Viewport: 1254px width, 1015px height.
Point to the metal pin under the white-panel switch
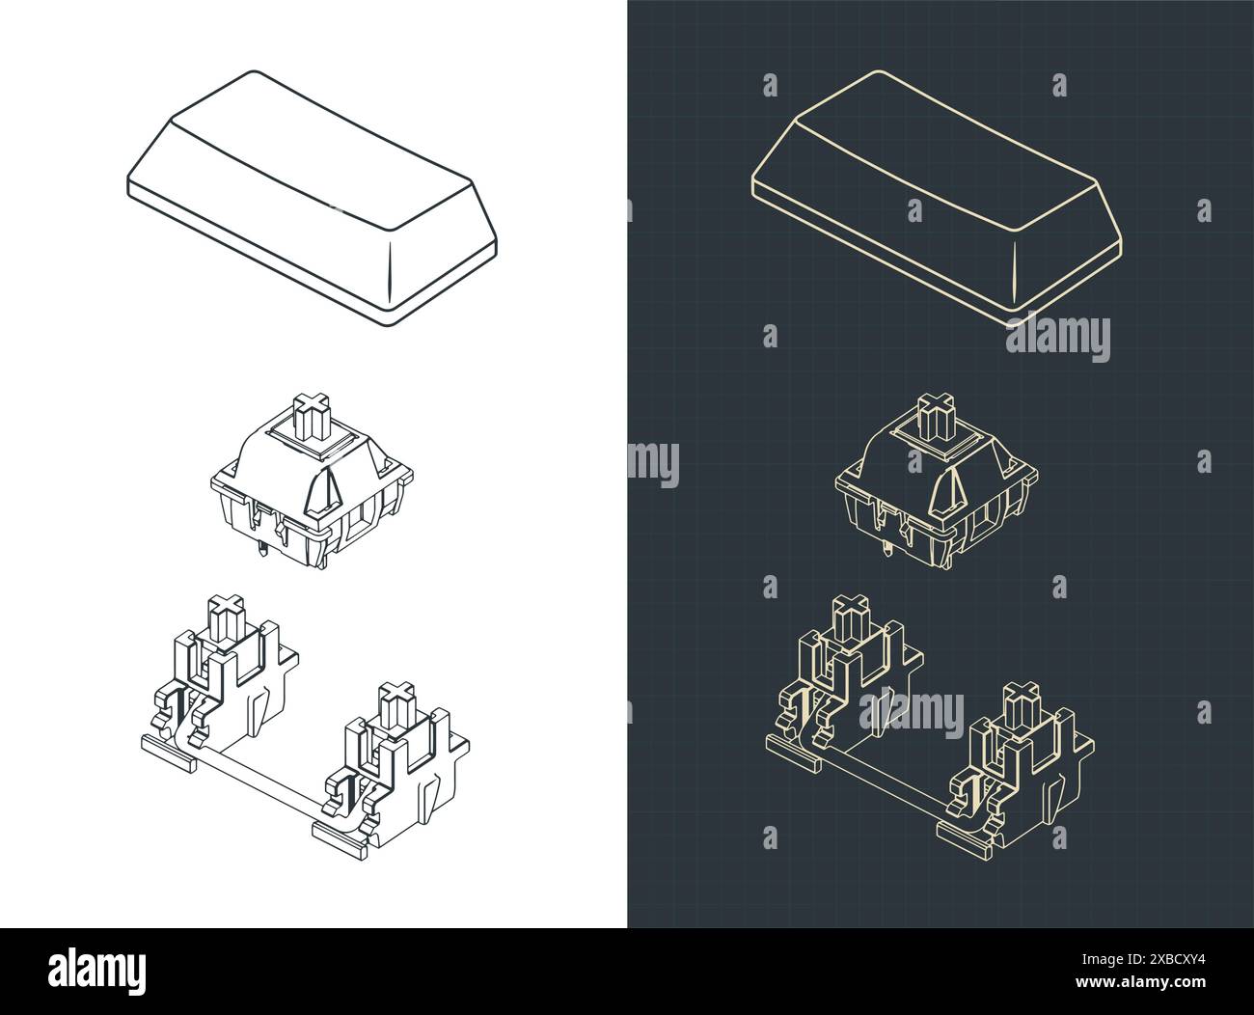coord(260,553)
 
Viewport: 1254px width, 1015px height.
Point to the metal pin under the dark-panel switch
coord(884,553)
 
